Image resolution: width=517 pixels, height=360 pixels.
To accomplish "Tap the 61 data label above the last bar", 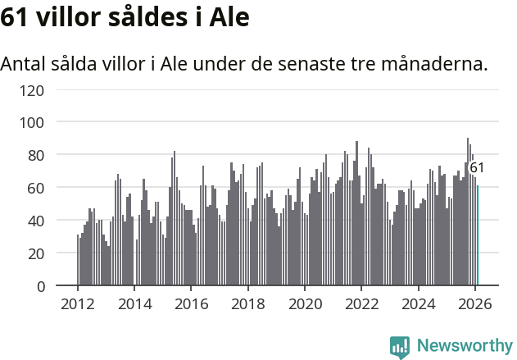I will [x=477, y=167].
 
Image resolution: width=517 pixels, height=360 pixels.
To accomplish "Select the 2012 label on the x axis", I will [x=78, y=303].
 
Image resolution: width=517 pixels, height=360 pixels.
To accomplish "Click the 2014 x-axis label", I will [x=135, y=303].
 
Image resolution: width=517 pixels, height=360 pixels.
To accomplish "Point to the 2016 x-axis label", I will [x=192, y=303].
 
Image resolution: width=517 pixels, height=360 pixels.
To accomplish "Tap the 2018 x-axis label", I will [x=248, y=303].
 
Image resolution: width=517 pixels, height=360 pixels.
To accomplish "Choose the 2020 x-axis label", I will [x=305, y=303].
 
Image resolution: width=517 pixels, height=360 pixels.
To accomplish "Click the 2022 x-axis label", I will [x=361, y=303].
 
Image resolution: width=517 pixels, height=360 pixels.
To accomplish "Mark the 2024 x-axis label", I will [x=419, y=303].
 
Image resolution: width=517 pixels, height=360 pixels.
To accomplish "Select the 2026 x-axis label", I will [x=475, y=303].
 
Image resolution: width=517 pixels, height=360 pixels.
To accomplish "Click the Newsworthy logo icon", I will [x=400, y=347].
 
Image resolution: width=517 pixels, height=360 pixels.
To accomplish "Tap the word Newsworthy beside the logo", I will [x=464, y=346].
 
